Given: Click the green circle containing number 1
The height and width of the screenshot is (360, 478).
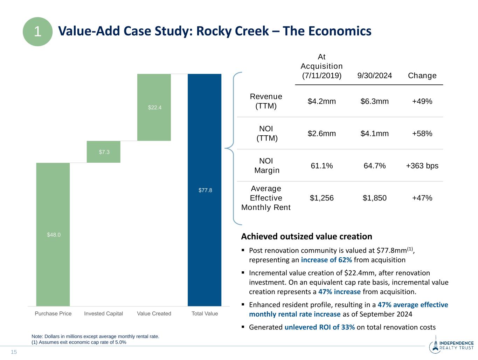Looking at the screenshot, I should [37, 32].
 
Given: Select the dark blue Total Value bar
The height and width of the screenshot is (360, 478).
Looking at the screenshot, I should [205, 190].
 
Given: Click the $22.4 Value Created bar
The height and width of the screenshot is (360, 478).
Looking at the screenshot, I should [154, 107].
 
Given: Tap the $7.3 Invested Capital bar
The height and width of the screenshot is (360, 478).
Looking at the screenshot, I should [104, 152].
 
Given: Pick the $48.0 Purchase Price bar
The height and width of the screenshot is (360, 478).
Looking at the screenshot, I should [53, 234].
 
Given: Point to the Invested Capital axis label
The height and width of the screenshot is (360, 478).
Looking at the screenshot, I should [104, 313].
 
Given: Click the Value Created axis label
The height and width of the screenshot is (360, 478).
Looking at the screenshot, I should [154, 313].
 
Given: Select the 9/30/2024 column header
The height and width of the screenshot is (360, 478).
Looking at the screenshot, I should [375, 76].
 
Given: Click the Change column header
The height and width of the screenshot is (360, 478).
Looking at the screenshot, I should [422, 76].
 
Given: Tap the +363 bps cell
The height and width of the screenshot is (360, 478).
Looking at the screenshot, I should [422, 166].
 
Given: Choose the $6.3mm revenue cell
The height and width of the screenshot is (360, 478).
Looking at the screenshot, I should [375, 102].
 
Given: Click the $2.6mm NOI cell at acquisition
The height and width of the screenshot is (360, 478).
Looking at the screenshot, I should [321, 134].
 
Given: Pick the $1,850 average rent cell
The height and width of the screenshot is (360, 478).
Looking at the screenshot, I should [375, 198].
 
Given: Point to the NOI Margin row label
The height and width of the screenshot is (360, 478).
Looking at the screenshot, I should [266, 166].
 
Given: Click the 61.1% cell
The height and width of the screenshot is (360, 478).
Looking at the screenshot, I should [321, 166].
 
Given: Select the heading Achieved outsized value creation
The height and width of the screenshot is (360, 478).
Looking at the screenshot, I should [306, 237].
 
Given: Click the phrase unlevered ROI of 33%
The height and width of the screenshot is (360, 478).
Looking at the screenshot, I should [319, 327].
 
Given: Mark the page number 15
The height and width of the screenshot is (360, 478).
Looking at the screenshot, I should [14, 352].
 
